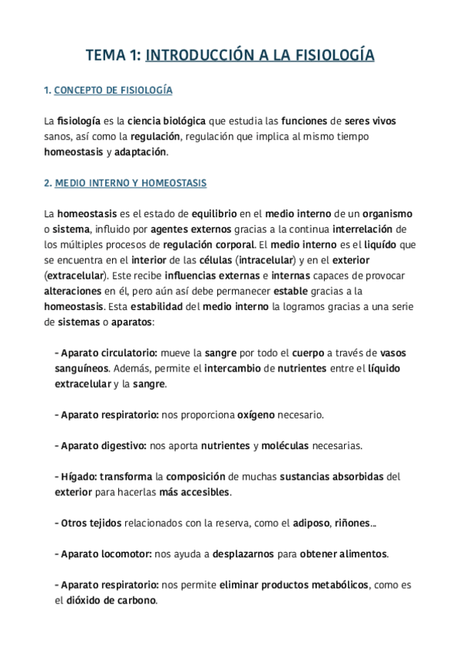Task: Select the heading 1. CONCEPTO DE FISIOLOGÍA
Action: point(108,91)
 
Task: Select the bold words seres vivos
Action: point(371,121)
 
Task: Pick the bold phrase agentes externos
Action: point(186,229)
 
